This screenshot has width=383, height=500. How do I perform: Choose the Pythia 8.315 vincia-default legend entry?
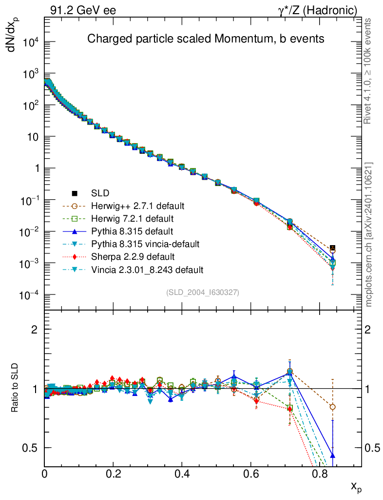click(x=145, y=244)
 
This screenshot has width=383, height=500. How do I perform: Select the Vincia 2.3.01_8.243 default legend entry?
click(x=147, y=270)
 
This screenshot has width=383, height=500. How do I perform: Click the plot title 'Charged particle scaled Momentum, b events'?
click(x=205, y=39)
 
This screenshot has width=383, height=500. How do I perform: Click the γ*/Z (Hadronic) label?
click(x=318, y=10)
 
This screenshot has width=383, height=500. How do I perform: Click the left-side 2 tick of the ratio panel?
click(x=35, y=330)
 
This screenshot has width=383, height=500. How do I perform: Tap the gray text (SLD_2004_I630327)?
click(x=203, y=292)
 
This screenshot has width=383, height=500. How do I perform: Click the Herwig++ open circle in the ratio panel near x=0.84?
click(x=333, y=407)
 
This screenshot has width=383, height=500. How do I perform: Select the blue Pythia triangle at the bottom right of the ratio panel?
click(x=333, y=455)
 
